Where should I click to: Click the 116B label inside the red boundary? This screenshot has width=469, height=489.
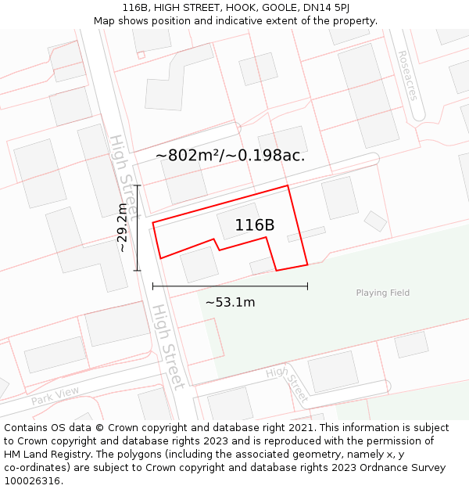(255, 225)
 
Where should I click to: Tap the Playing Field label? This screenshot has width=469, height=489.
(383, 293)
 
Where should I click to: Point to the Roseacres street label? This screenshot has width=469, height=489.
(408, 77)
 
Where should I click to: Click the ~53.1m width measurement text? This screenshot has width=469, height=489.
(230, 303)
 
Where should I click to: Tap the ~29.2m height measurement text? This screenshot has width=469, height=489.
(122, 228)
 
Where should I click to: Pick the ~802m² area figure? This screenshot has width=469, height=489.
(186, 156)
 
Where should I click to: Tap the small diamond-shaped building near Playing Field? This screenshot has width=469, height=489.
(375, 221)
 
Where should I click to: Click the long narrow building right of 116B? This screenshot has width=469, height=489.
(306, 234)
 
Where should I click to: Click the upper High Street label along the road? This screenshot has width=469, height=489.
(124, 177)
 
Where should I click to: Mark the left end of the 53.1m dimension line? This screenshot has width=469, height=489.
(153, 286)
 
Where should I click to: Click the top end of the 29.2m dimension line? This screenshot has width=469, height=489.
(138, 185)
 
